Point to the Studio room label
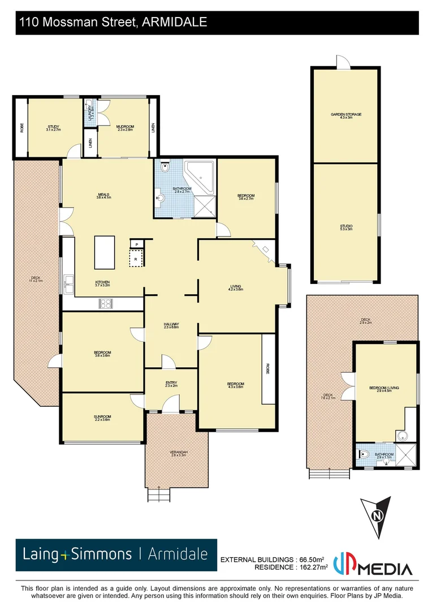(346, 227)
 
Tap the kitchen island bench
(105, 252)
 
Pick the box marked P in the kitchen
(137, 244)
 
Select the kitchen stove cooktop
(105, 303)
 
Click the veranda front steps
(159, 495)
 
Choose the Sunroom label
(102, 418)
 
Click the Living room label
(235, 287)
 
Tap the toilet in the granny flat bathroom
(365, 454)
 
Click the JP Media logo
(373, 563)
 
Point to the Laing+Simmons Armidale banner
(116, 554)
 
